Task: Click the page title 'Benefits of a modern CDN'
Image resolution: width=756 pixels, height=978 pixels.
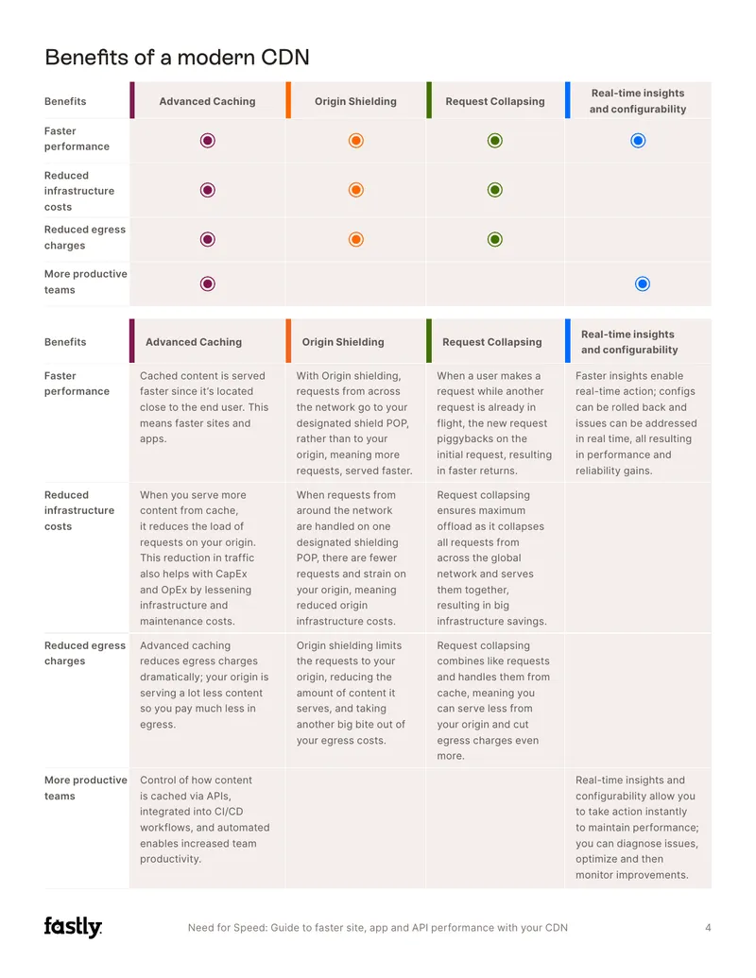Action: [177, 58]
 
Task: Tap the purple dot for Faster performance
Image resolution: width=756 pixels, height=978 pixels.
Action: [208, 141]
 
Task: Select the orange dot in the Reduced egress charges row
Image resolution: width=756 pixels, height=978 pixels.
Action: [356, 239]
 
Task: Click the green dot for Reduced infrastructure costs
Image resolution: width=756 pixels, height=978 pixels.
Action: [495, 190]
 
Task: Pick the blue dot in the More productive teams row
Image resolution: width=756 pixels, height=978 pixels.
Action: [643, 284]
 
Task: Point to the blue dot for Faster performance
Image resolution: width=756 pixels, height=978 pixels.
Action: [638, 141]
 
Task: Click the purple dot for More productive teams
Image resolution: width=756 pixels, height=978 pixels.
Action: [208, 284]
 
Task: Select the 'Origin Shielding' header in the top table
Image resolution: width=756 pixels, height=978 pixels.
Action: [355, 101]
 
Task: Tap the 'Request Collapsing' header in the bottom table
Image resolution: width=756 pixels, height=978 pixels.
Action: [492, 342]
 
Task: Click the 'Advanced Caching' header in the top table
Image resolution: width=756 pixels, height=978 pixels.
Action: [207, 101]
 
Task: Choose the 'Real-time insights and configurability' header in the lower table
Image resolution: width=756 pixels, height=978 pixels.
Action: [629, 342]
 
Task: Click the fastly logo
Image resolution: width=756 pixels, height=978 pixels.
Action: [73, 927]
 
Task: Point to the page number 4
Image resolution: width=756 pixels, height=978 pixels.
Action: [708, 928]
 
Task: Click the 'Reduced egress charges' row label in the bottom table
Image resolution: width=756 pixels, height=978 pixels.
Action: [85, 653]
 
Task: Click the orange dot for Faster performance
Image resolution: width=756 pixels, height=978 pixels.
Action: [356, 141]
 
